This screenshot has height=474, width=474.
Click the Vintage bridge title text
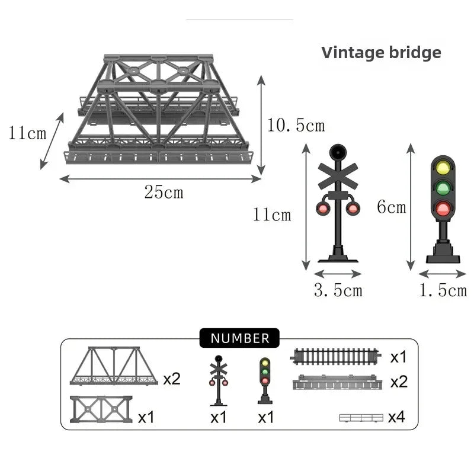click(x=381, y=53)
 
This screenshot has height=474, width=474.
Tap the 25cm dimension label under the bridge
click(x=164, y=192)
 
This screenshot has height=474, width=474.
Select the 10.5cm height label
click(x=296, y=125)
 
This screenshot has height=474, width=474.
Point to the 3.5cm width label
click(x=338, y=290)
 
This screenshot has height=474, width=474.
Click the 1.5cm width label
click(x=443, y=290)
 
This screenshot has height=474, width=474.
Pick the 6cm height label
click(x=392, y=207)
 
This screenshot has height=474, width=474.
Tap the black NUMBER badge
click(x=240, y=338)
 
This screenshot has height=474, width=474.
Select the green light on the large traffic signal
click(x=443, y=188)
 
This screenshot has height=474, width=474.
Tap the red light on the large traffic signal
click(x=443, y=208)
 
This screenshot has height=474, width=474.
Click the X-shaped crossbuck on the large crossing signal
click(x=338, y=177)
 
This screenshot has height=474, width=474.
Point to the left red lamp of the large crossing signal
click(x=323, y=209)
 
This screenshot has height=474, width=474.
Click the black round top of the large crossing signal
click(x=338, y=152)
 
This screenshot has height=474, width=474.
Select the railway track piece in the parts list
click(x=335, y=357)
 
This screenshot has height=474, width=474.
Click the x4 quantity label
click(x=396, y=417)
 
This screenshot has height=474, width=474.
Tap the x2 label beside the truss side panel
click(x=172, y=379)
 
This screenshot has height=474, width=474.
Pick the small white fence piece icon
click(x=361, y=418)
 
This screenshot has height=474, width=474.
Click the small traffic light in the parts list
click(x=265, y=381)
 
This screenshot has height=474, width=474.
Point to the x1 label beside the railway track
click(x=398, y=357)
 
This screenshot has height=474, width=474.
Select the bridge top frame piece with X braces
click(x=101, y=409)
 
